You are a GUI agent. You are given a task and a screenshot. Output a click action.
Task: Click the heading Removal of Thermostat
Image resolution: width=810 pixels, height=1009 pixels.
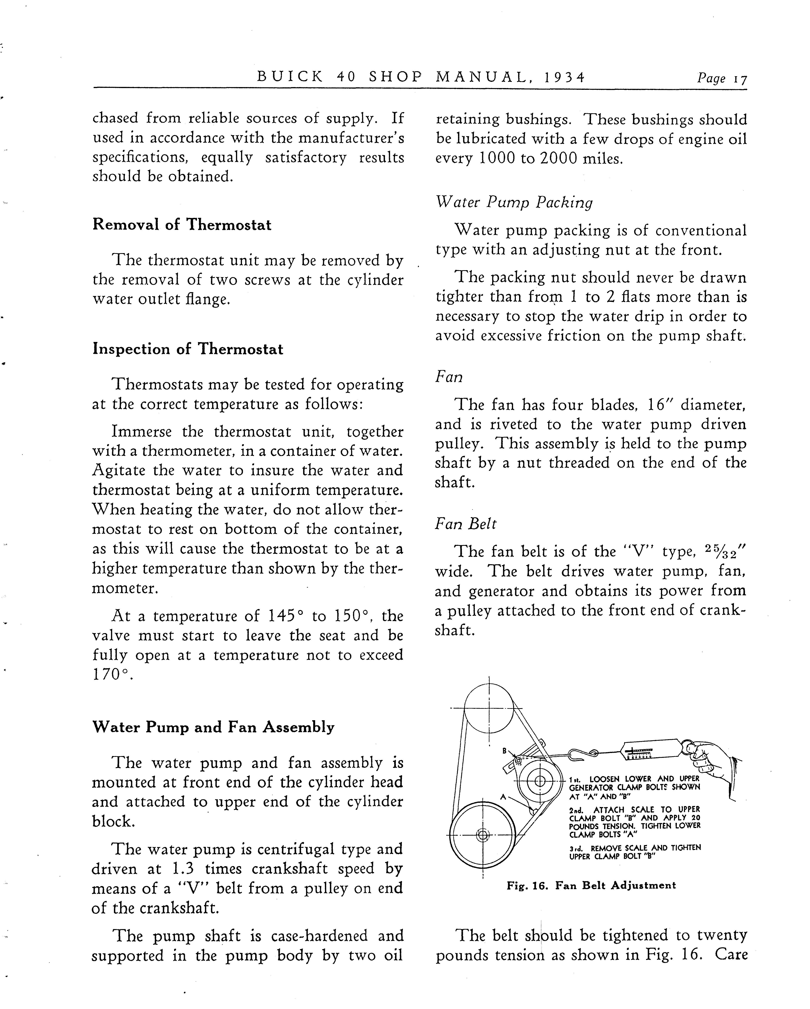(x=182, y=225)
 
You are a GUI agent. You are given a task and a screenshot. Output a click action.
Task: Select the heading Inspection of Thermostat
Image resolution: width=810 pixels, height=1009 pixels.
(x=188, y=349)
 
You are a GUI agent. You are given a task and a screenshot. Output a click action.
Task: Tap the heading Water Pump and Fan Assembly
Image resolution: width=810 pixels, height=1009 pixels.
(x=213, y=727)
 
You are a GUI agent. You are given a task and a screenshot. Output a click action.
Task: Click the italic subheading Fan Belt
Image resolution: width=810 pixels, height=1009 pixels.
(x=465, y=524)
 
